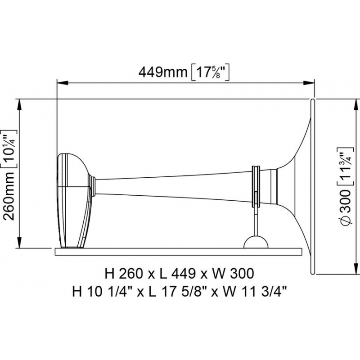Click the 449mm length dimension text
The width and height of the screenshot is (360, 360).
163,72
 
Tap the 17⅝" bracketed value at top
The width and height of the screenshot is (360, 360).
210,73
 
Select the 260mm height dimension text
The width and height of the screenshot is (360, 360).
9,198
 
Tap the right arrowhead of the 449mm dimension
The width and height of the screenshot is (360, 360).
309,83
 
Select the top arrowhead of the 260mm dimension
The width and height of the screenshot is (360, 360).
19,105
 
